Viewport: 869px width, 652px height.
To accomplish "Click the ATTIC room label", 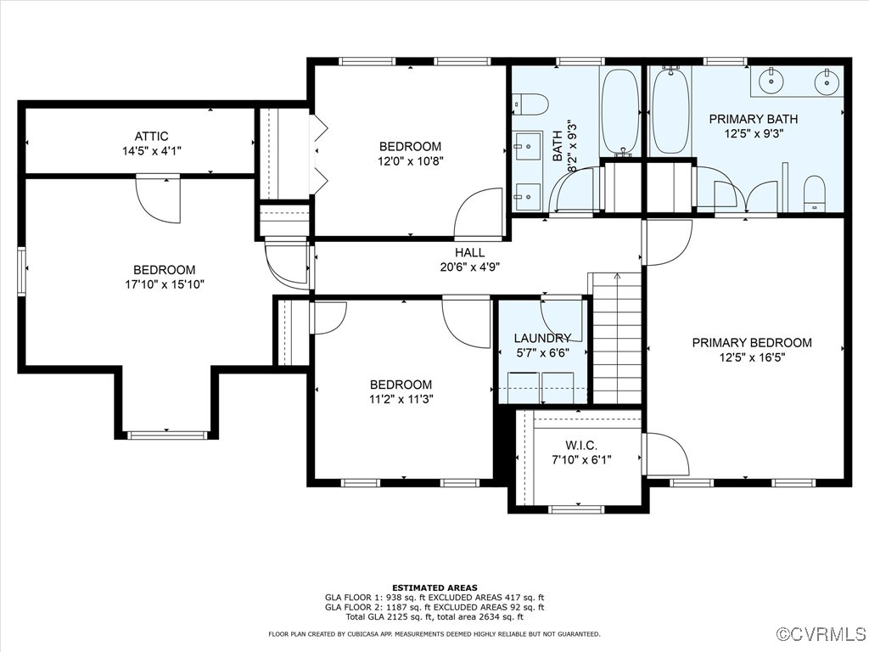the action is pos(151,136).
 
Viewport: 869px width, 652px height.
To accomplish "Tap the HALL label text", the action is pos(470,253).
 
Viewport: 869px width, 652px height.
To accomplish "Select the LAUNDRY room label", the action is pos(542,338).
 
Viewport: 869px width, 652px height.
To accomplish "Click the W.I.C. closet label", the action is pos(581,445).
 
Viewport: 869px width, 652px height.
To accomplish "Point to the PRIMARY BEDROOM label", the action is pos(752,343).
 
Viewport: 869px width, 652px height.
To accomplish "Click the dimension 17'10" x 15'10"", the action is pos(165,285).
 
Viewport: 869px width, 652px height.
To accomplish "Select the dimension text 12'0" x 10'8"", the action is pos(411,161).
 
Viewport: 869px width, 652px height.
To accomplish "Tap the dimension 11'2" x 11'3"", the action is pos(401,399).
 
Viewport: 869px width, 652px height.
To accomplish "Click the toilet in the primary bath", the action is pos(814,194).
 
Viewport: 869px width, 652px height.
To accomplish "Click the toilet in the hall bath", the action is pos(530,104).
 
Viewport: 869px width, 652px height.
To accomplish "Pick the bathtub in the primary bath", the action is pos(670,110).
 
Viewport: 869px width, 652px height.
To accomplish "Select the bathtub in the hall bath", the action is pos(620,111).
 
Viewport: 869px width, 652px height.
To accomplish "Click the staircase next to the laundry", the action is pos(617,338).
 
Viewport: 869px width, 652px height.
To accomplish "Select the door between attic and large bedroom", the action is pos(158,200).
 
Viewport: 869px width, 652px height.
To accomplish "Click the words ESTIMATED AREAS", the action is pos(434,587).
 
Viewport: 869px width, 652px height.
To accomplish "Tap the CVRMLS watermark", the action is pos(821,634).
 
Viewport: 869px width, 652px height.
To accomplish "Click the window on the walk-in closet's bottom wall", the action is pos(576,509).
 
